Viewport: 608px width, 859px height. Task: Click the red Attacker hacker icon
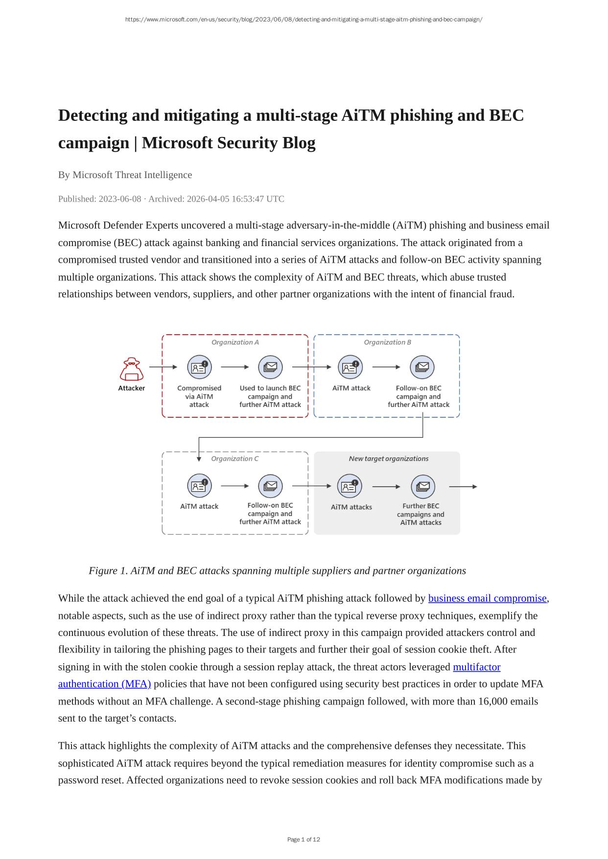pyautogui.click(x=132, y=369)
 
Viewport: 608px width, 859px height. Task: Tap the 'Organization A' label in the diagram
pyautogui.click(x=235, y=342)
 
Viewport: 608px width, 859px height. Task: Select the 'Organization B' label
pyautogui.click(x=387, y=342)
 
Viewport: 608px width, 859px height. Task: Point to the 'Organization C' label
pyautogui.click(x=234, y=459)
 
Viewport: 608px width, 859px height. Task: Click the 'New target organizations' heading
pyautogui.click(x=388, y=459)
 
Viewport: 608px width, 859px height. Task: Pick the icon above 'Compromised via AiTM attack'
pyautogui.click(x=199, y=367)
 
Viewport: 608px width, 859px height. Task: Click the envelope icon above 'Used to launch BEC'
pyautogui.click(x=270, y=367)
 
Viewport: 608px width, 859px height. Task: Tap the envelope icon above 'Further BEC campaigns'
pyautogui.click(x=422, y=487)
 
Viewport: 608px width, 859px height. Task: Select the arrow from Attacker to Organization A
pyautogui.click(x=163, y=367)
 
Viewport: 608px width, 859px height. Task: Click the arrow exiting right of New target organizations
pyautogui.click(x=463, y=487)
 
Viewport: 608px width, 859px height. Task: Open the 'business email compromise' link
pyautogui.click(x=487, y=598)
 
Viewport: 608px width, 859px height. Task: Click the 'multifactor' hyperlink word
pyautogui.click(x=476, y=667)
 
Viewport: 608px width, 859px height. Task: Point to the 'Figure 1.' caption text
pyautogui.click(x=108, y=571)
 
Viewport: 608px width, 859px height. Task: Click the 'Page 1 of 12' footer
pyautogui.click(x=304, y=839)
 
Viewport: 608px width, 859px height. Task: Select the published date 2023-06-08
pyautogui.click(x=120, y=199)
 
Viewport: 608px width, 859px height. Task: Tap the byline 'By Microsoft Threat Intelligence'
pyautogui.click(x=125, y=175)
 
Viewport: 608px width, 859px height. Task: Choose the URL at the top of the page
pyautogui.click(x=304, y=20)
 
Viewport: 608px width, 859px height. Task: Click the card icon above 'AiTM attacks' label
pyautogui.click(x=350, y=487)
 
